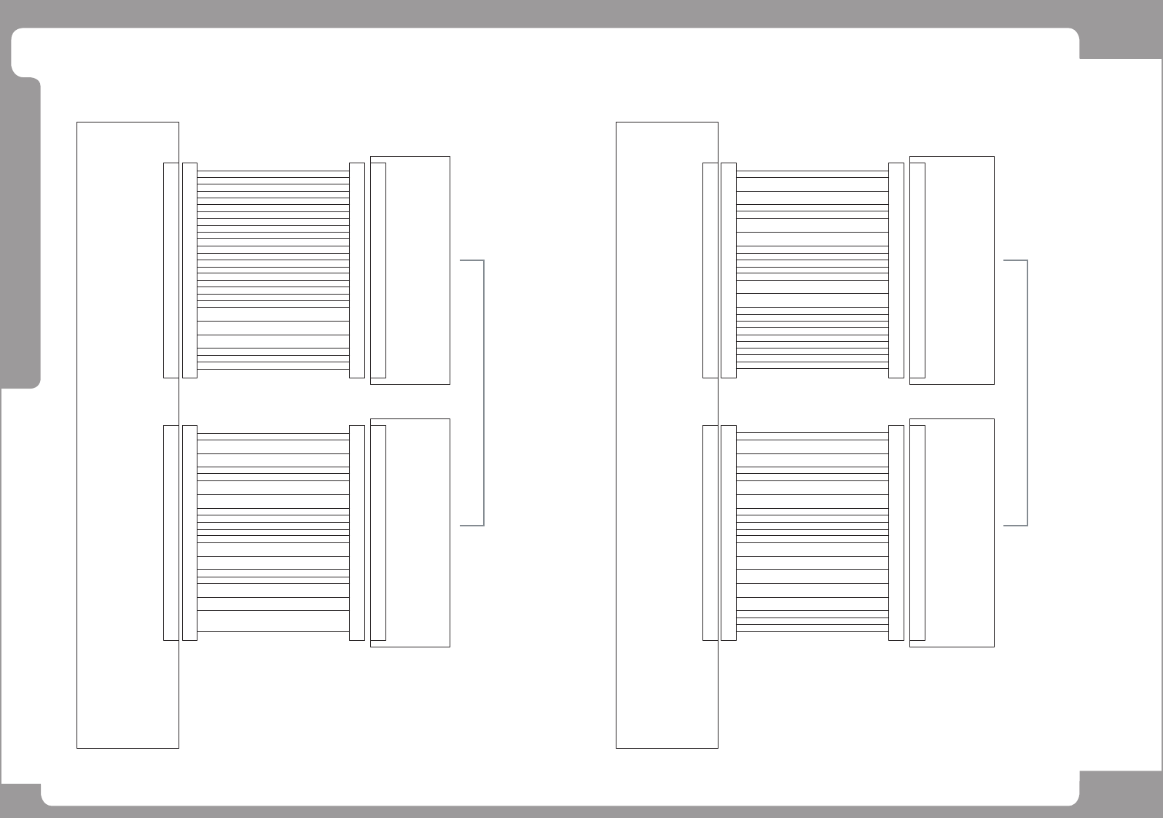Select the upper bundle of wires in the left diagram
(273, 270)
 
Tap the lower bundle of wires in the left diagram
(273, 532)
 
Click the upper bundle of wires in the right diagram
(812, 270)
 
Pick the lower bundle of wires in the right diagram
(812, 532)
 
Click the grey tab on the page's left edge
(20, 233)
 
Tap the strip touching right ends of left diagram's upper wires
(357, 270)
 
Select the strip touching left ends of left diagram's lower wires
(189, 532)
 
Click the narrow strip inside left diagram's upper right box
(378, 270)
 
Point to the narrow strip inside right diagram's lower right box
(917, 532)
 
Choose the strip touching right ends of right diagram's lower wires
(896, 532)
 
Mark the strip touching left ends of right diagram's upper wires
(729, 270)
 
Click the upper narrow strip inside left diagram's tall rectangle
(171, 270)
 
